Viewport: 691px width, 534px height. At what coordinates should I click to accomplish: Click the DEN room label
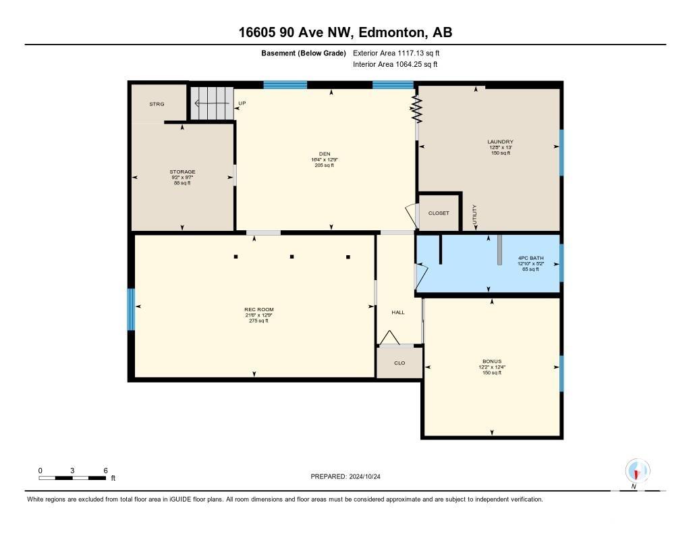[325, 154]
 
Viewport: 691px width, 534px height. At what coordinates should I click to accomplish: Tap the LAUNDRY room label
[500, 142]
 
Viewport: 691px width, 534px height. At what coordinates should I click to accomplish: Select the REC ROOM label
[259, 310]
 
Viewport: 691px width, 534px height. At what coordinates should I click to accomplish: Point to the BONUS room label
[492, 361]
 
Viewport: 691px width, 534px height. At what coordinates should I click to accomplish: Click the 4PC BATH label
[530, 258]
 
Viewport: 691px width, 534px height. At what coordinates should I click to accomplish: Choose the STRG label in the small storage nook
[157, 104]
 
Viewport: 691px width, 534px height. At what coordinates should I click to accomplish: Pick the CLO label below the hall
[399, 363]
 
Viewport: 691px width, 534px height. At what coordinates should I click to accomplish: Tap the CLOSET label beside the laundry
[439, 213]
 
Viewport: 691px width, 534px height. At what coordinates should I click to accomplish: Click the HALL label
[398, 312]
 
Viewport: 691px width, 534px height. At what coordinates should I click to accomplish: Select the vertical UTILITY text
[474, 215]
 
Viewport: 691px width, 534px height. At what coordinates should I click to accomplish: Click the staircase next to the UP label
[212, 103]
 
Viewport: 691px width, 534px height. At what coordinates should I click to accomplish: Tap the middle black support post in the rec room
[292, 256]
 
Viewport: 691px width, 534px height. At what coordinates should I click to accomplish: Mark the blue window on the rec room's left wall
[131, 309]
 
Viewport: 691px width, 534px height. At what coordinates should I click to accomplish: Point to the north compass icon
[637, 471]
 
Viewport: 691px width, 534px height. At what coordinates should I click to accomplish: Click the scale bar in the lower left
[72, 478]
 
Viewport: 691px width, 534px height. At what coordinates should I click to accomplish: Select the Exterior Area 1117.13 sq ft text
[396, 53]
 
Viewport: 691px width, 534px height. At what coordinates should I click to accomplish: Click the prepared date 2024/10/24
[364, 476]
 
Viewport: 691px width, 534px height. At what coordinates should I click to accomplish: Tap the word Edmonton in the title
[392, 32]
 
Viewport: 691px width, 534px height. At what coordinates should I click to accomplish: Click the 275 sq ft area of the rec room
[258, 321]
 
